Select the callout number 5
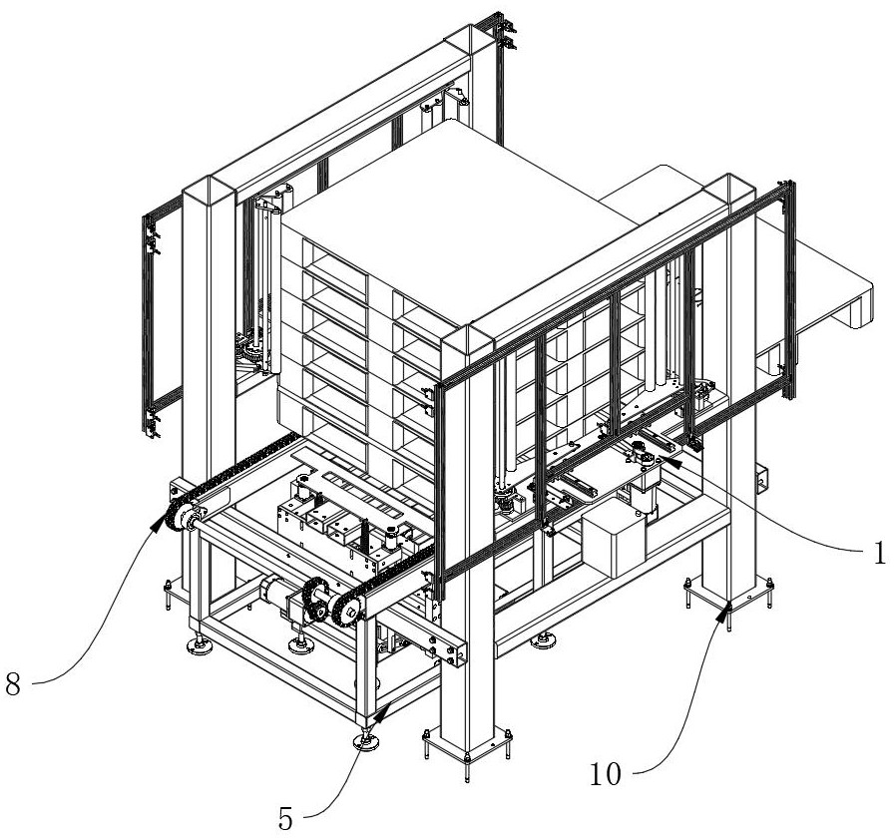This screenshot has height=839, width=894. [x=285, y=820]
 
